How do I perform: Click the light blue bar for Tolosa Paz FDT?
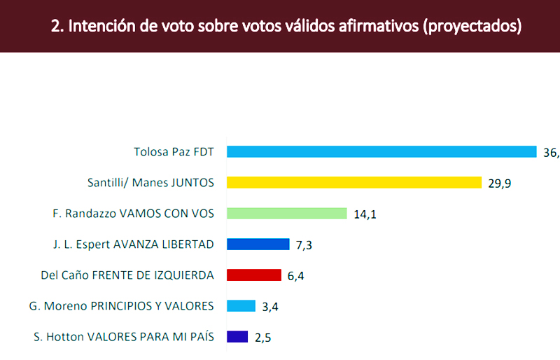click(x=381, y=151)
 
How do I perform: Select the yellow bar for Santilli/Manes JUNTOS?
click(x=354, y=182)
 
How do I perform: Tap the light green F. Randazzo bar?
click(x=287, y=213)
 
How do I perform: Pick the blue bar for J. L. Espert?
click(x=258, y=244)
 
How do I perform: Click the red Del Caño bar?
click(x=254, y=275)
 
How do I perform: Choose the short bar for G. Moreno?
click(x=241, y=305)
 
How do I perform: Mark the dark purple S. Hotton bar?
click(x=238, y=336)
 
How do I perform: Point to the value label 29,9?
click(x=500, y=184)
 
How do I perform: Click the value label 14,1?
click(x=365, y=214)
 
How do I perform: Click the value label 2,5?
click(x=263, y=338)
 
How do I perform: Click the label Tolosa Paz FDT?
click(x=174, y=151)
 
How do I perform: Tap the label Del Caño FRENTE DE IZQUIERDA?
click(x=127, y=275)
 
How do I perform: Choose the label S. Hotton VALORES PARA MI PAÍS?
click(x=124, y=336)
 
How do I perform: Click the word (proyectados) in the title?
click(x=473, y=27)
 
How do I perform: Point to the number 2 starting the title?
click(x=55, y=27)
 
